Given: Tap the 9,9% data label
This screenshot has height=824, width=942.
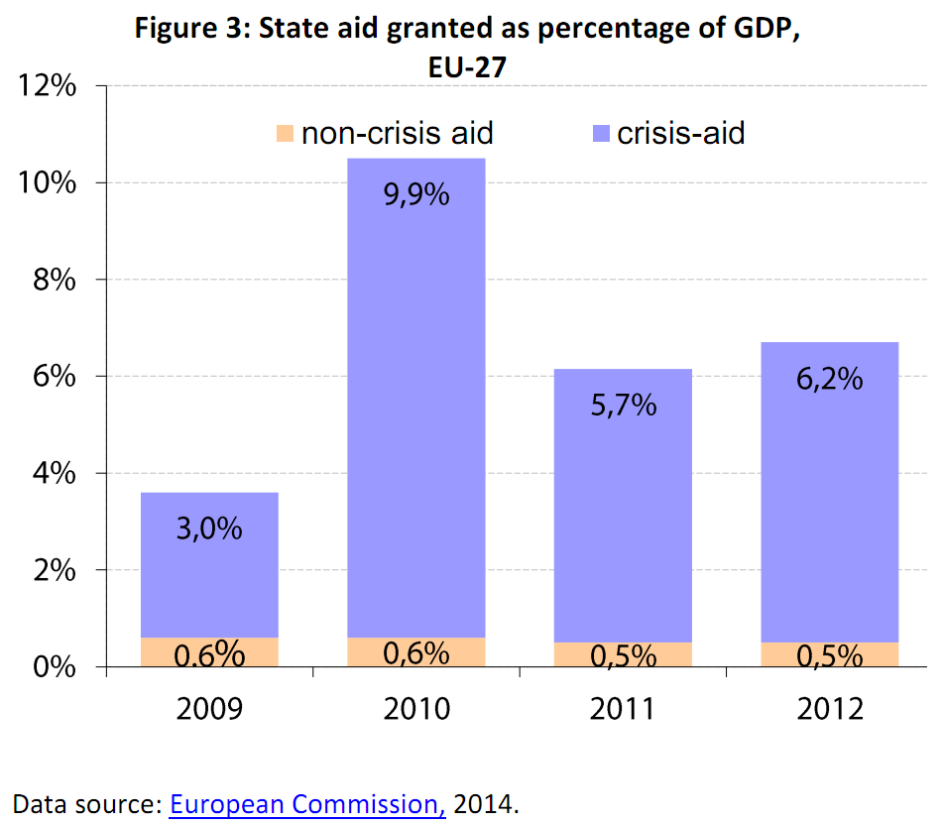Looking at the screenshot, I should pos(415,194).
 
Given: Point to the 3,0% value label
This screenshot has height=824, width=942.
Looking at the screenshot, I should pos(209,529).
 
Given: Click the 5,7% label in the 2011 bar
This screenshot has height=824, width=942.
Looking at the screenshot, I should pos(622,404).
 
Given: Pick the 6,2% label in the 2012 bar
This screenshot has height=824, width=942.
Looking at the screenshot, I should pos(829,379).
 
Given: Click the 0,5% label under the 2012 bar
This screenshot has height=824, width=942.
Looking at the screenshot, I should pos(829,655).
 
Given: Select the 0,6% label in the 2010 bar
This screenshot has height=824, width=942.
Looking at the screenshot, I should pos(415,653).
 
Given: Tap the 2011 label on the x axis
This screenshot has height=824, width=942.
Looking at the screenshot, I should pos(622,710).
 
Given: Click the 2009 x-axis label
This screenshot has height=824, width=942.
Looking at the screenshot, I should pos(209,710).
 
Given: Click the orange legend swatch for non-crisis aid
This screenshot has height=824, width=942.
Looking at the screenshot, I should pos(286,133).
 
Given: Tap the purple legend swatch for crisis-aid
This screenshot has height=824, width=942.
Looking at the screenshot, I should pos(601,133).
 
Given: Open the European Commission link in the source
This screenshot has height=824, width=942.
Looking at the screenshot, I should pos(307,803).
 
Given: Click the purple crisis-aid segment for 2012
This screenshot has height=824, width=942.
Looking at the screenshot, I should pos(829,496).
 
